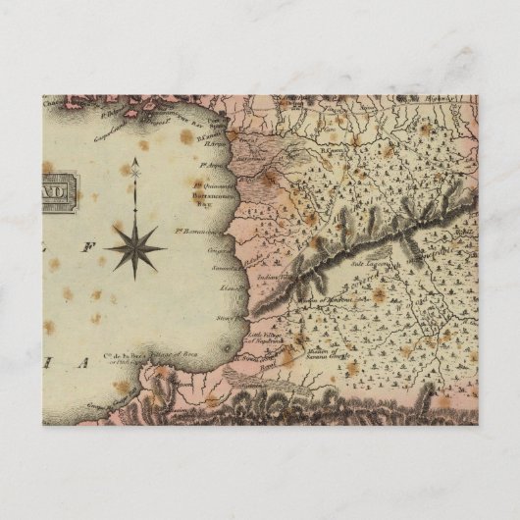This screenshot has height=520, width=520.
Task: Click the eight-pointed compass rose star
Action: click(134, 245)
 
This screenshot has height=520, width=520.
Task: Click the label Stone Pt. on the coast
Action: click(228, 318)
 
